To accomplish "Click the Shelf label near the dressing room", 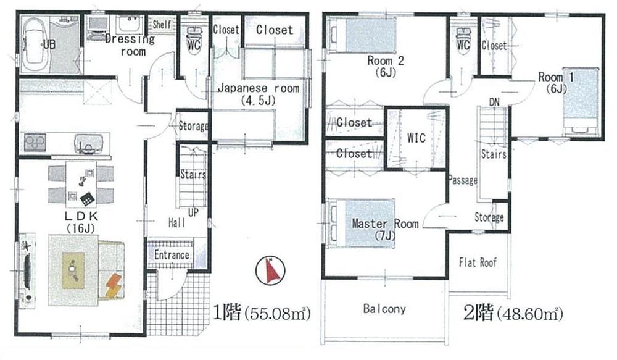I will (162, 24).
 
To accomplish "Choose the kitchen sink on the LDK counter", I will (86, 144).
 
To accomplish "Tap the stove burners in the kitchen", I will (35, 143).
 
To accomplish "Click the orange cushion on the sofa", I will (115, 285).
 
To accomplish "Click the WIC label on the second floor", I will (416, 138).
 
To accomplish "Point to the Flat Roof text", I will (478, 262).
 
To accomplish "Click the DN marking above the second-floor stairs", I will (494, 102).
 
